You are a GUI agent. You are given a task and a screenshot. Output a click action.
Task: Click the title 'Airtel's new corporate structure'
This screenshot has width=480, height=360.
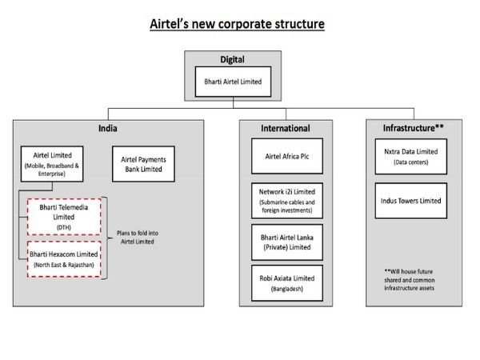click(x=238, y=23)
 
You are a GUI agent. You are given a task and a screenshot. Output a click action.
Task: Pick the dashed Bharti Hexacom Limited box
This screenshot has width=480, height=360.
click(x=64, y=258)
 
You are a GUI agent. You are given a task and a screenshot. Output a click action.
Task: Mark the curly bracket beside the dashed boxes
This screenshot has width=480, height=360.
click(x=111, y=238)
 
